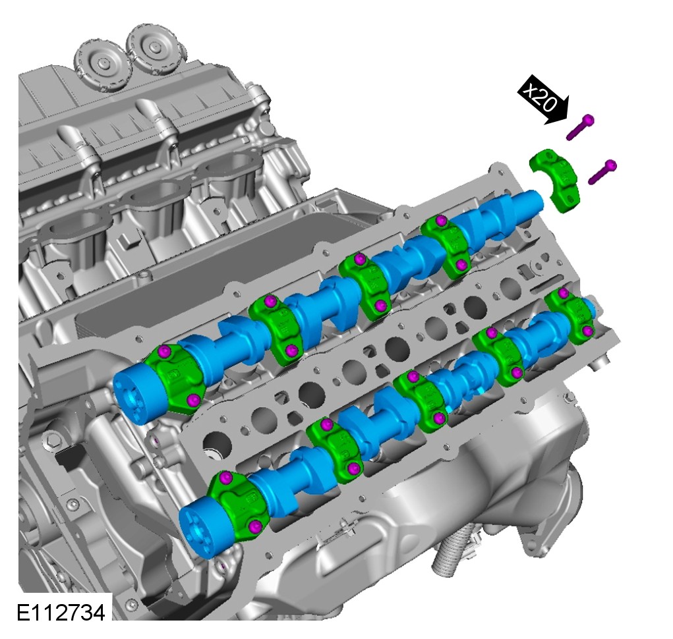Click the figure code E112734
point(61,612)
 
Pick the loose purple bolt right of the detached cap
point(602,171)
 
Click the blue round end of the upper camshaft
point(133,395)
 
